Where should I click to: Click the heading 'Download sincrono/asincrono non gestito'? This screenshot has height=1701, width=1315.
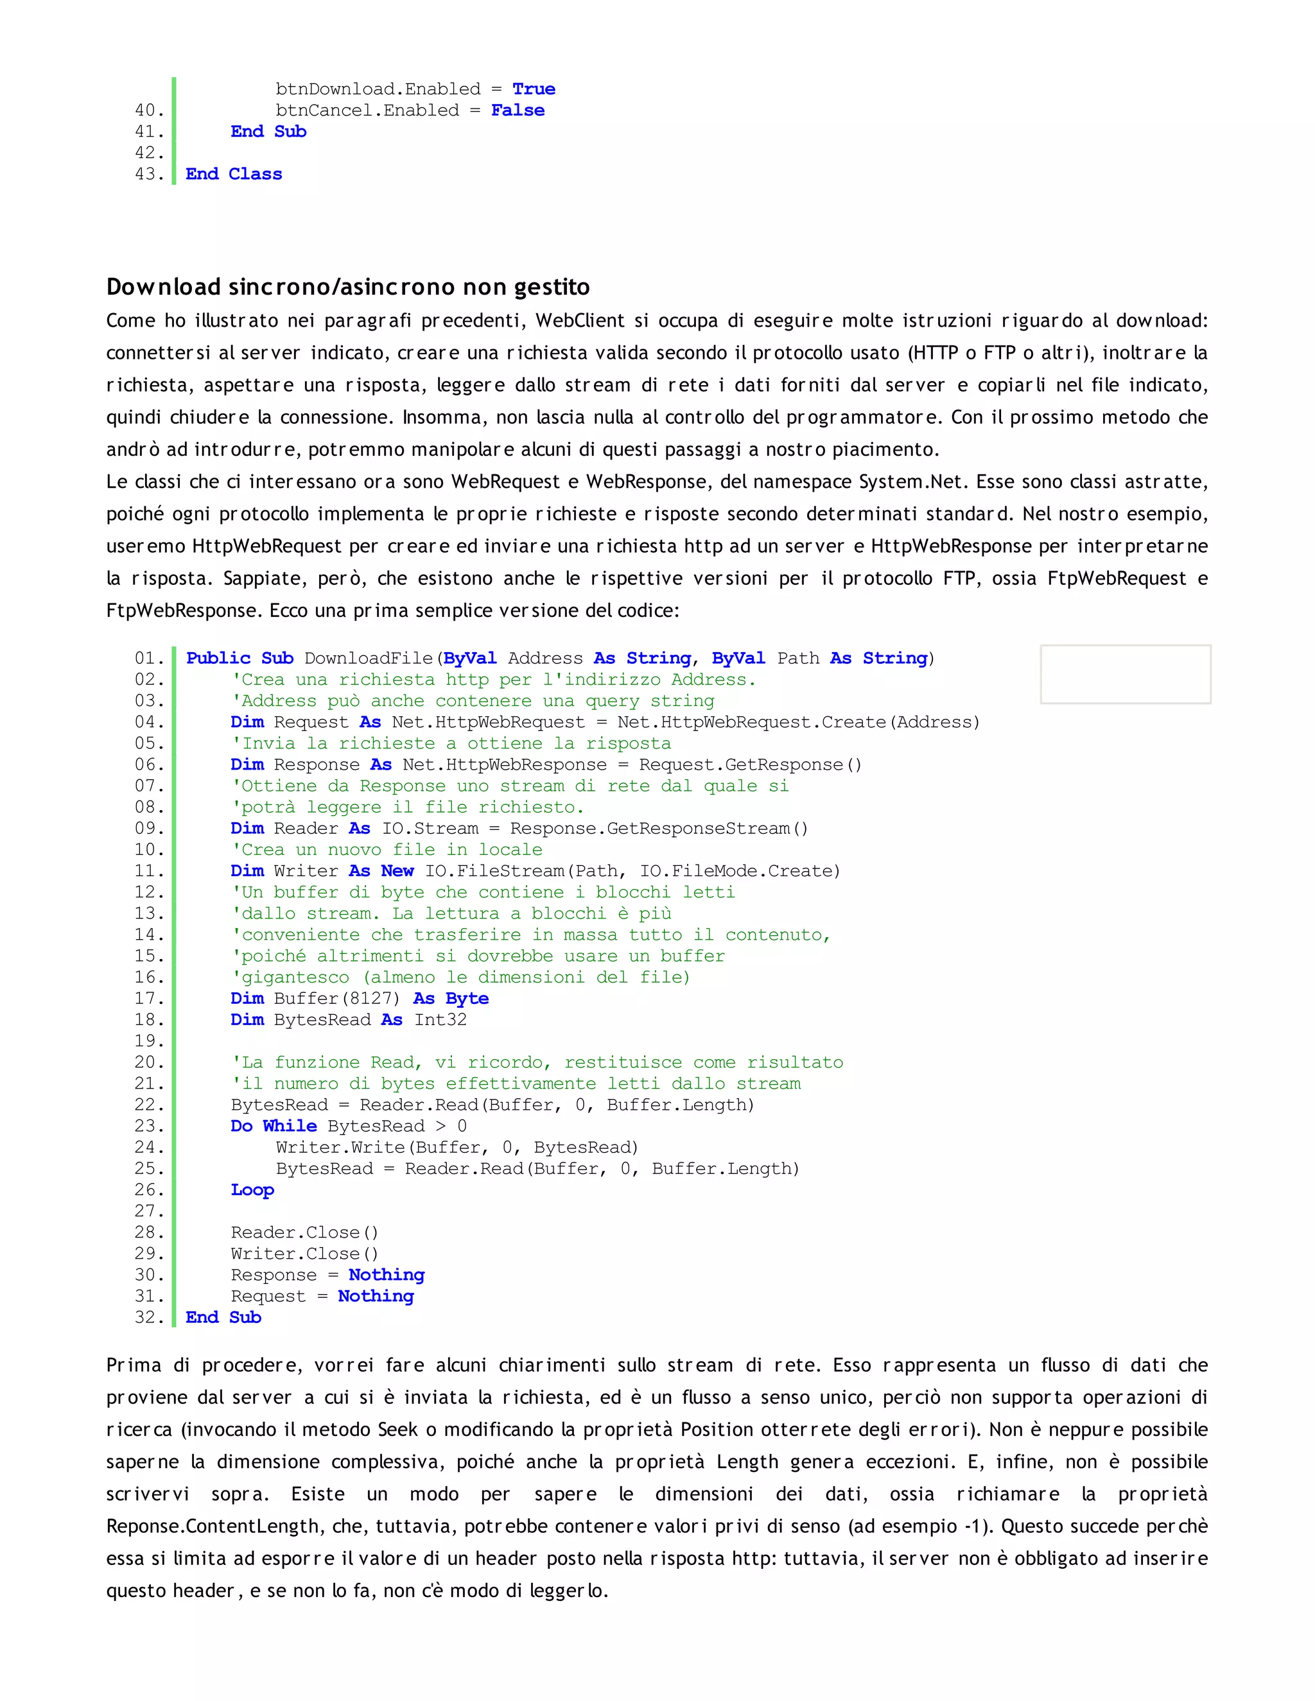coord(347,287)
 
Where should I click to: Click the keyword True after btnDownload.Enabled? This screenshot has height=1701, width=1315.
coord(534,89)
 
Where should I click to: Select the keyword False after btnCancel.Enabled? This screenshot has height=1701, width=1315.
coord(518,110)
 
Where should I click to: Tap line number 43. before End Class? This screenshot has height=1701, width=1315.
coord(150,174)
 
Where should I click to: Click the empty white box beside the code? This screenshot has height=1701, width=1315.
coord(1125,674)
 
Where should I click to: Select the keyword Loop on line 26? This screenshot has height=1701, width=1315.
coord(252,1189)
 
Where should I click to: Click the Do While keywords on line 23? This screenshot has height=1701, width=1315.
coord(274,1127)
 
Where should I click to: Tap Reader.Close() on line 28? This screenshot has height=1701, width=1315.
coord(304,1232)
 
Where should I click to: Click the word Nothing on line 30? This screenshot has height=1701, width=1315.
coord(387,1275)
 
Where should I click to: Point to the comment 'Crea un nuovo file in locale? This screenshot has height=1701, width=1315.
coord(387,850)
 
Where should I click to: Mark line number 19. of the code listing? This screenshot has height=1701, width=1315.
coord(150,1040)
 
